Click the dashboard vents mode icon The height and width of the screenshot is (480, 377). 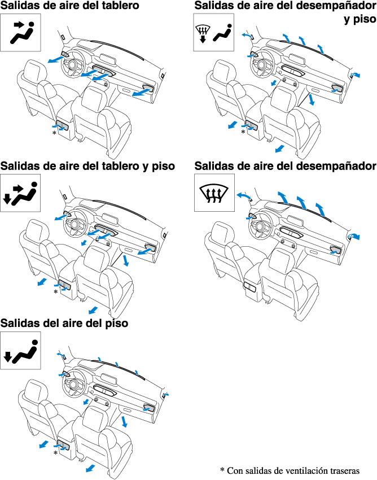coord(20,32)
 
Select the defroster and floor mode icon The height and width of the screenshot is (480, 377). coord(213,32)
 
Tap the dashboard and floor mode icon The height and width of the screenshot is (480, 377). coord(20,193)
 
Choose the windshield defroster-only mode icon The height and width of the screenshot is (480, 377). coord(214,193)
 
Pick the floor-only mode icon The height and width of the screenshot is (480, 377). coord(20,351)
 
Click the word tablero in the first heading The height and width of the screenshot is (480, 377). coord(117,5)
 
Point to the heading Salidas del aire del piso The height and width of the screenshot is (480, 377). coord(64,323)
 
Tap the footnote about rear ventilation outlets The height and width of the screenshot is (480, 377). coord(290,470)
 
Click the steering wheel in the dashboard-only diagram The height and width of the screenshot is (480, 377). coord(73,64)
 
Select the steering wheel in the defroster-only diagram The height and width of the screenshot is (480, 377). coord(261,225)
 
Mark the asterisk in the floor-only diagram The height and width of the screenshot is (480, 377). coord(55,453)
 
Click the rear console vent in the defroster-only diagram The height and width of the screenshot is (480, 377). coord(249,287)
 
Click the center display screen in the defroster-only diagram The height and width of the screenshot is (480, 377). coord(296,220)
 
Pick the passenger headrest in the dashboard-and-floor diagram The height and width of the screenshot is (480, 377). coord(96,258)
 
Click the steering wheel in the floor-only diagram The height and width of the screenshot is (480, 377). coord(74,383)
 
